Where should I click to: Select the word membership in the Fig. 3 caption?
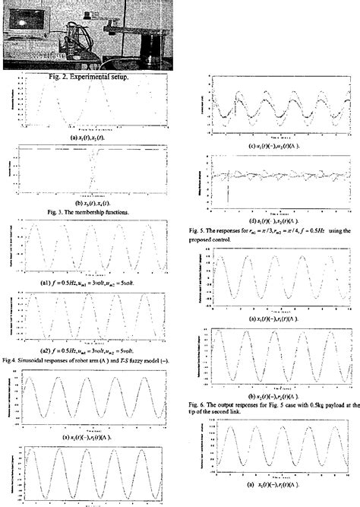[90, 211]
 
